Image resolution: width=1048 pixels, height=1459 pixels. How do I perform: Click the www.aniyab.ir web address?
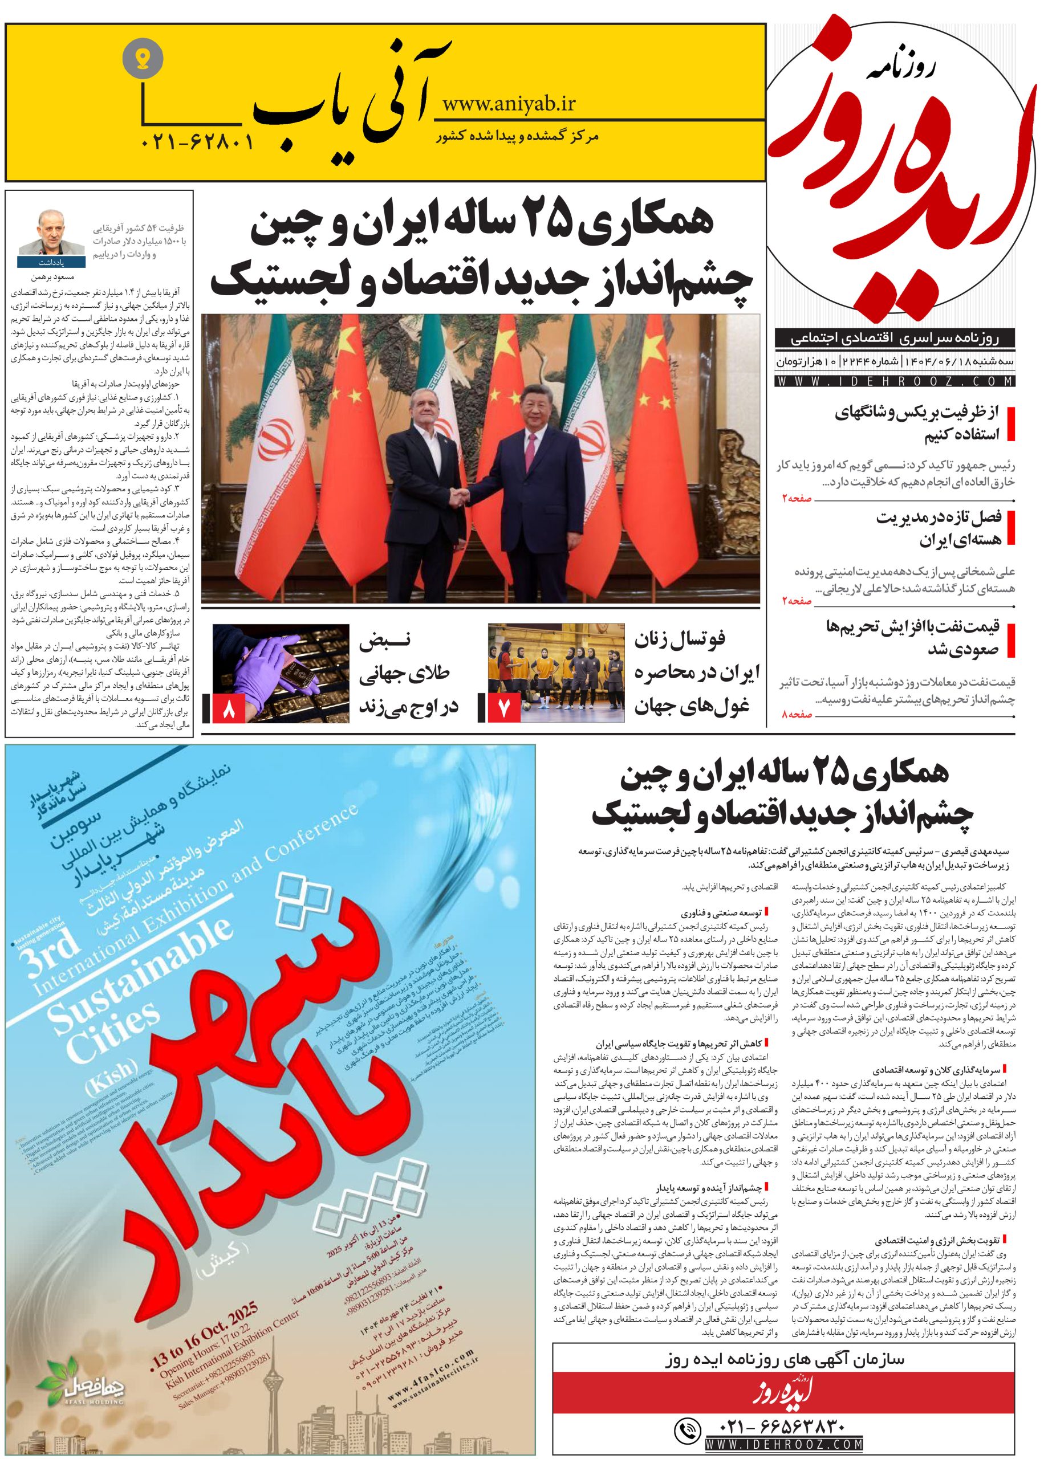click(x=509, y=104)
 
